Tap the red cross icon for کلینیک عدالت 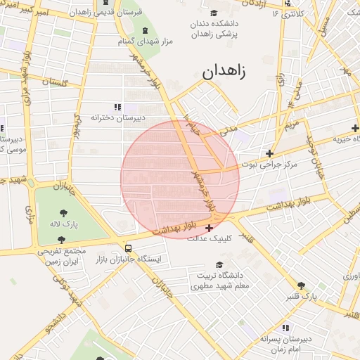(209, 228)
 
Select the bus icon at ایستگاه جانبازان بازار (128, 248)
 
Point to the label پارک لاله (64, 224)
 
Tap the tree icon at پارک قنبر (302, 285)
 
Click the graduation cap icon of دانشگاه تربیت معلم (219, 265)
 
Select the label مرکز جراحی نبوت (270, 165)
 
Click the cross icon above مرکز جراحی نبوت (269, 153)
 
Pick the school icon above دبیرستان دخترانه (117, 107)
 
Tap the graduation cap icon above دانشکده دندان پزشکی (214, 13)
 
